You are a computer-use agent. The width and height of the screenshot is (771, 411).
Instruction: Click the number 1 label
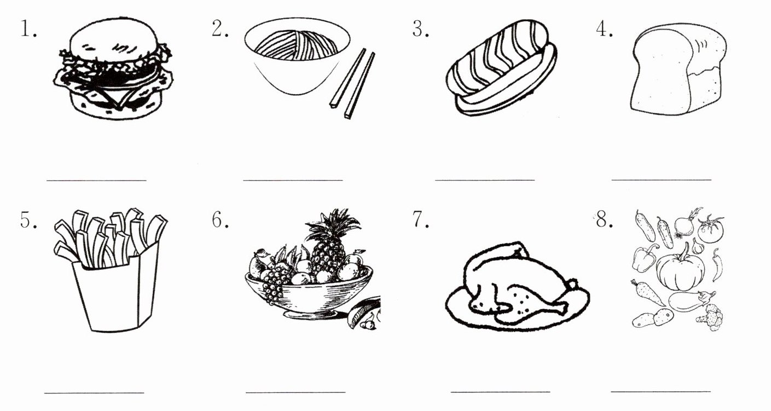pos(28,29)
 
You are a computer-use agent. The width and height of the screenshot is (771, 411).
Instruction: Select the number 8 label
pos(605,219)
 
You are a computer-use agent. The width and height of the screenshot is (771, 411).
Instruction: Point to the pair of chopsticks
pos(352,84)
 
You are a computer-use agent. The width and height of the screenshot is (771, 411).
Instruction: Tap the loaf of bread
pos(679,68)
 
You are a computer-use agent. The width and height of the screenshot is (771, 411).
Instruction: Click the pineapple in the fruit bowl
pos(329,245)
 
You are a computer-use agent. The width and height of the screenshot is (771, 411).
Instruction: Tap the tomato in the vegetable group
pos(711,229)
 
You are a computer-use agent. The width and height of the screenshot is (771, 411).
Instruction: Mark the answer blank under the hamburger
pos(96,180)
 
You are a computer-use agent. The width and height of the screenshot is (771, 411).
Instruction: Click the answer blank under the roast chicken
pos(501,391)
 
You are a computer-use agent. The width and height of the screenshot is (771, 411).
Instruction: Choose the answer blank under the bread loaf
pos(661,180)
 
